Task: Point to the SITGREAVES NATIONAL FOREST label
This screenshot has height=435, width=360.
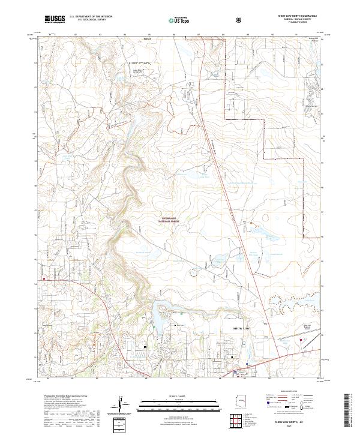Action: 170,220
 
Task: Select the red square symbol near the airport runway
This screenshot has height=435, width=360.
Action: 299,340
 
